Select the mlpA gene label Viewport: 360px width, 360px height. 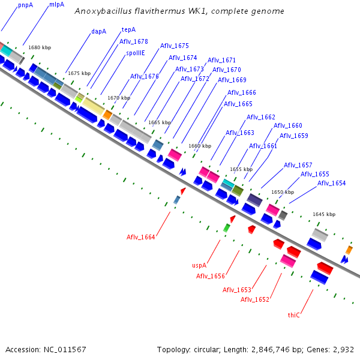56,4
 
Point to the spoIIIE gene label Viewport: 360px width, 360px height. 136,53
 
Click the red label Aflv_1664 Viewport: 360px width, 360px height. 141,237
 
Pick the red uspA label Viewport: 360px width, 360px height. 199,265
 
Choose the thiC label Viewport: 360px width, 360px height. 293,315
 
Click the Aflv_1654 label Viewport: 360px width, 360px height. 331,183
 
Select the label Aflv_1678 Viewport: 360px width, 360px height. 134,41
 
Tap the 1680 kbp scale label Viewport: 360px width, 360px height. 40,47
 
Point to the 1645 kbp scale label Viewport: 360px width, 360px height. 324,214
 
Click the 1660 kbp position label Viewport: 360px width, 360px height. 200,146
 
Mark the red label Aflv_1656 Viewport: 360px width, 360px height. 211,276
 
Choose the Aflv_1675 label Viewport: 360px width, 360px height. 175,46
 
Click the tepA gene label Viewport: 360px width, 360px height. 128,29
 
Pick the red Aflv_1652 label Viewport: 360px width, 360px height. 255,299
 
